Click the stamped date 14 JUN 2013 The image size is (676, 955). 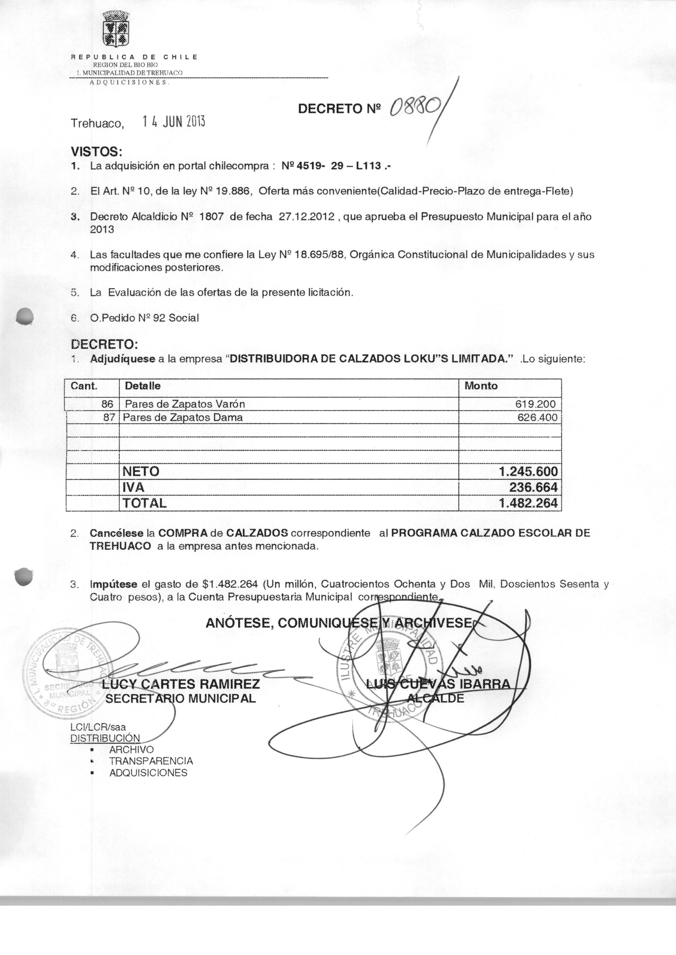coord(174,122)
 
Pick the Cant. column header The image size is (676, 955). coord(84,386)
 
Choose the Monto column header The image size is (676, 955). coord(481,386)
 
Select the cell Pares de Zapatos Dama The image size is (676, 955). coord(183,417)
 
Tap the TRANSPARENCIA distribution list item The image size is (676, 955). coord(151,761)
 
